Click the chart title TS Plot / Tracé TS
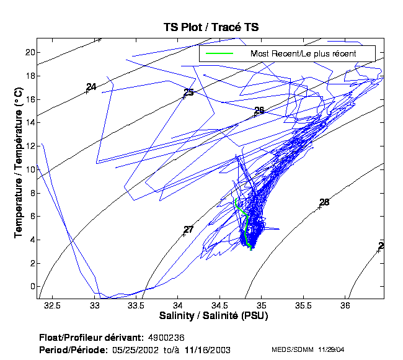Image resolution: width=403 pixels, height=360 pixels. pyautogui.click(x=210, y=27)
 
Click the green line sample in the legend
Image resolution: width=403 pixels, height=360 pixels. pyautogui.click(x=219, y=54)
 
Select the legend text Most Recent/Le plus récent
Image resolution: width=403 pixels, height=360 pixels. pyautogui.click(x=303, y=54)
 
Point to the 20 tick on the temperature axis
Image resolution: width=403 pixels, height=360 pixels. pyautogui.click(x=29, y=52)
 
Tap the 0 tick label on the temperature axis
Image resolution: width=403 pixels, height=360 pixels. pyautogui.click(x=31, y=287)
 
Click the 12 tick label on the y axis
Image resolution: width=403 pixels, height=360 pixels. pyautogui.click(x=29, y=146)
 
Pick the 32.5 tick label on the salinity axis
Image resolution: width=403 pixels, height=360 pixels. pyautogui.click(x=53, y=306)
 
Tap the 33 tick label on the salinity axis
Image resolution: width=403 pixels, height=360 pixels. pyautogui.click(x=95, y=306)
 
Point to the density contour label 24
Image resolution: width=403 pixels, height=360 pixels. pyautogui.click(x=91, y=87)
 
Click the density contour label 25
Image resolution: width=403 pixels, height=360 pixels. pyautogui.click(x=189, y=92)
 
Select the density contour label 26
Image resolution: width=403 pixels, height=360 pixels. pyautogui.click(x=259, y=110)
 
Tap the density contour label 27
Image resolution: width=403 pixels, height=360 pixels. pyautogui.click(x=188, y=230)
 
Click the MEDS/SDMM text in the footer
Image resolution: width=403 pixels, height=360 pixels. pyautogui.click(x=291, y=350)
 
